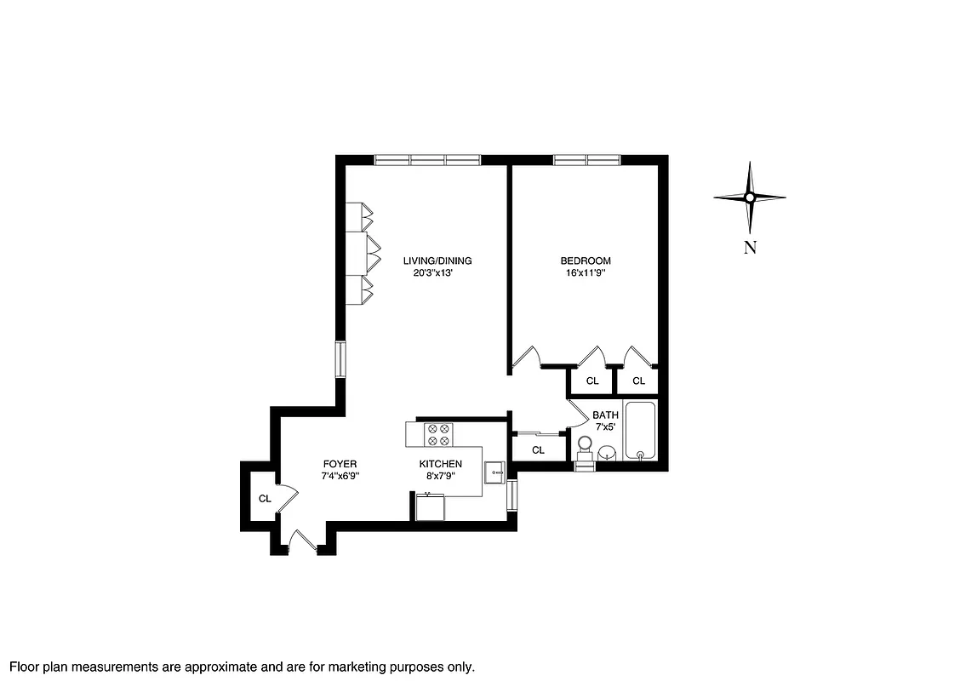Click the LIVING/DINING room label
point(437,260)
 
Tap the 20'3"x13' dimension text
point(437,273)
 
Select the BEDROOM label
point(585,260)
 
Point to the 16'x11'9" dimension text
point(585,273)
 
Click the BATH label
point(605,415)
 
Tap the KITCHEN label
point(440,464)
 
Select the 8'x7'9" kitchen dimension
point(440,476)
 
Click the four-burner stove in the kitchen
point(438,435)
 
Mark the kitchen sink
point(494,469)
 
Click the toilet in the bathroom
point(585,448)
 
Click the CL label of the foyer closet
point(265,498)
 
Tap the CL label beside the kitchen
point(538,449)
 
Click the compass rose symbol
point(749,197)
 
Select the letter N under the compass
point(749,248)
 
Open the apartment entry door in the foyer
point(302,542)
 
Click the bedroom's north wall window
point(586,159)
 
